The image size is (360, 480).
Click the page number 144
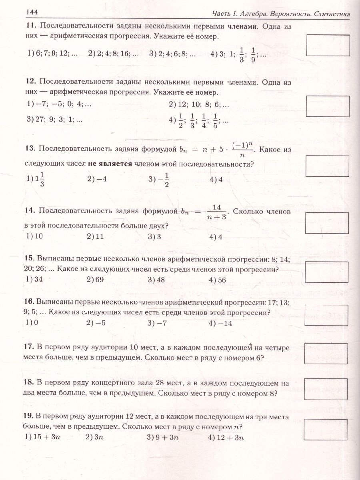click(31, 12)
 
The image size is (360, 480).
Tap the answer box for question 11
click(328, 45)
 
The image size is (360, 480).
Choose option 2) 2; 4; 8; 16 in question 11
click(113, 54)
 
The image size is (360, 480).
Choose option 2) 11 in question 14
click(95, 236)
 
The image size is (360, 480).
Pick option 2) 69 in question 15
click(95, 280)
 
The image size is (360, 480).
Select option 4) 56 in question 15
click(217, 280)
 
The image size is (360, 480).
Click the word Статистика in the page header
click(328, 14)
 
